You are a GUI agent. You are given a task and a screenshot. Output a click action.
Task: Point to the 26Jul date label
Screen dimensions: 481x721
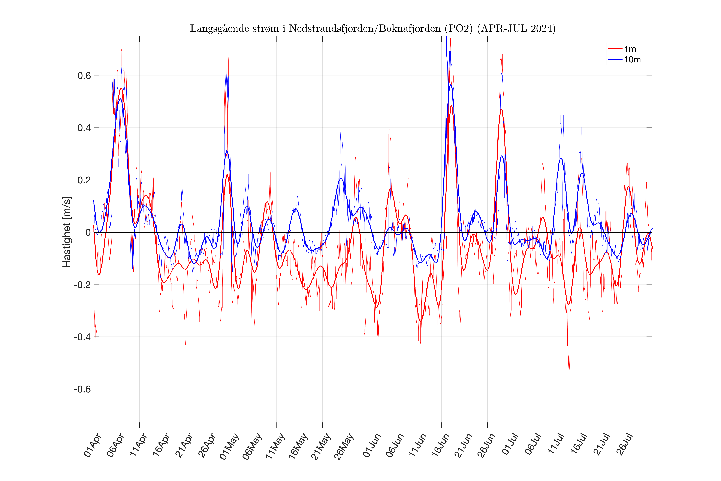click(624, 445)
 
